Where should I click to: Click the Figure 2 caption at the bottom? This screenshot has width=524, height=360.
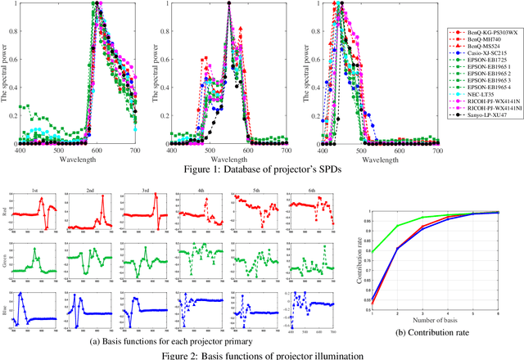(x=262, y=353)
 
